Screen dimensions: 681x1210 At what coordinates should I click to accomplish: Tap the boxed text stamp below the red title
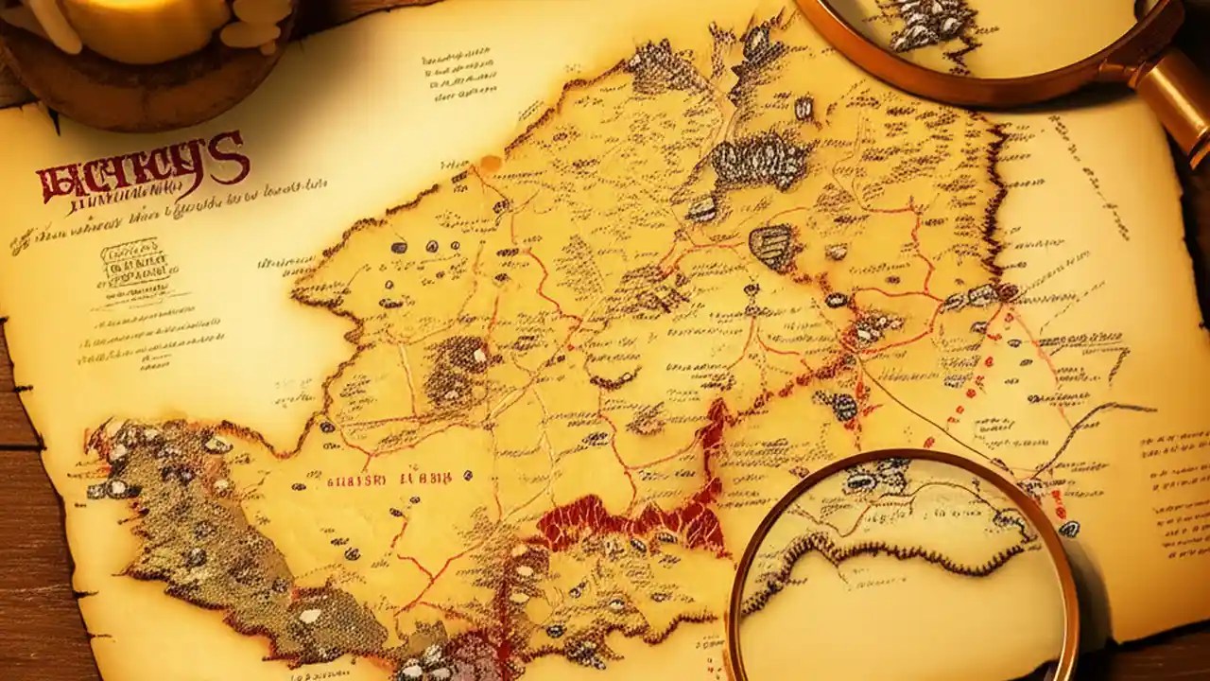pyautogui.click(x=130, y=259)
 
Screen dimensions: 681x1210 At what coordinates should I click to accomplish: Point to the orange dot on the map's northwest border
pyautogui.click(x=490, y=164)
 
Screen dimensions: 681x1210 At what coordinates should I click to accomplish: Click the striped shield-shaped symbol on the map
pyautogui.click(x=771, y=246)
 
